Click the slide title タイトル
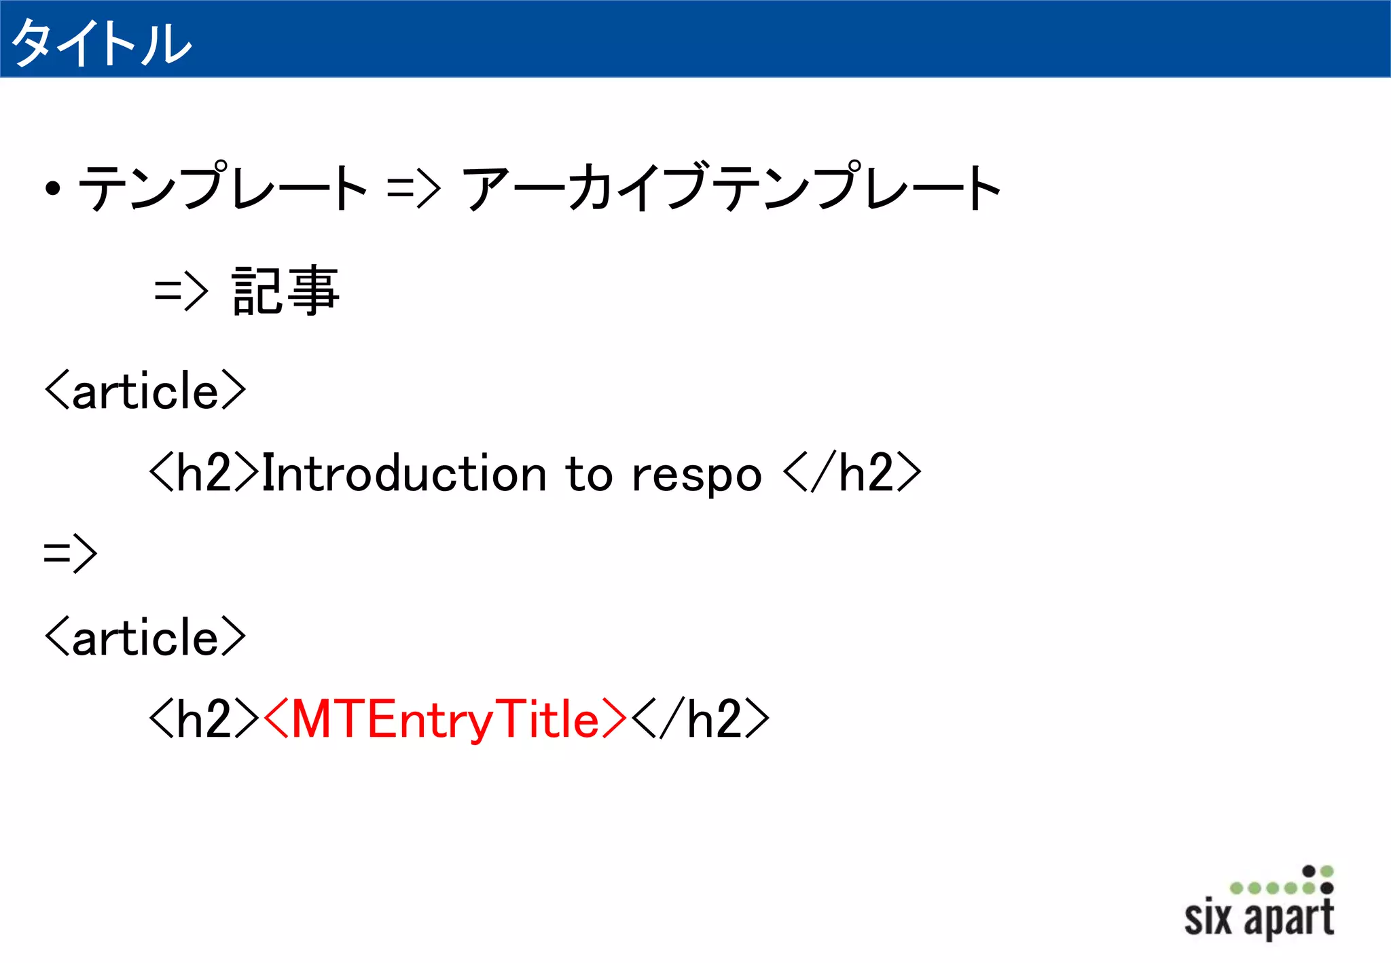[x=102, y=43]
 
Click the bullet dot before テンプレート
[x=53, y=189]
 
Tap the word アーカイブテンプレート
[x=731, y=187]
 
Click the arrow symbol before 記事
[x=181, y=292]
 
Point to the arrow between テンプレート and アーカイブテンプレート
[x=414, y=187]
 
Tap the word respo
[x=696, y=475]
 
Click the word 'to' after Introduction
[x=589, y=473]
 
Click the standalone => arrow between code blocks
[x=70, y=553]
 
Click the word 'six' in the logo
[x=1208, y=917]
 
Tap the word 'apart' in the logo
[x=1288, y=919]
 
